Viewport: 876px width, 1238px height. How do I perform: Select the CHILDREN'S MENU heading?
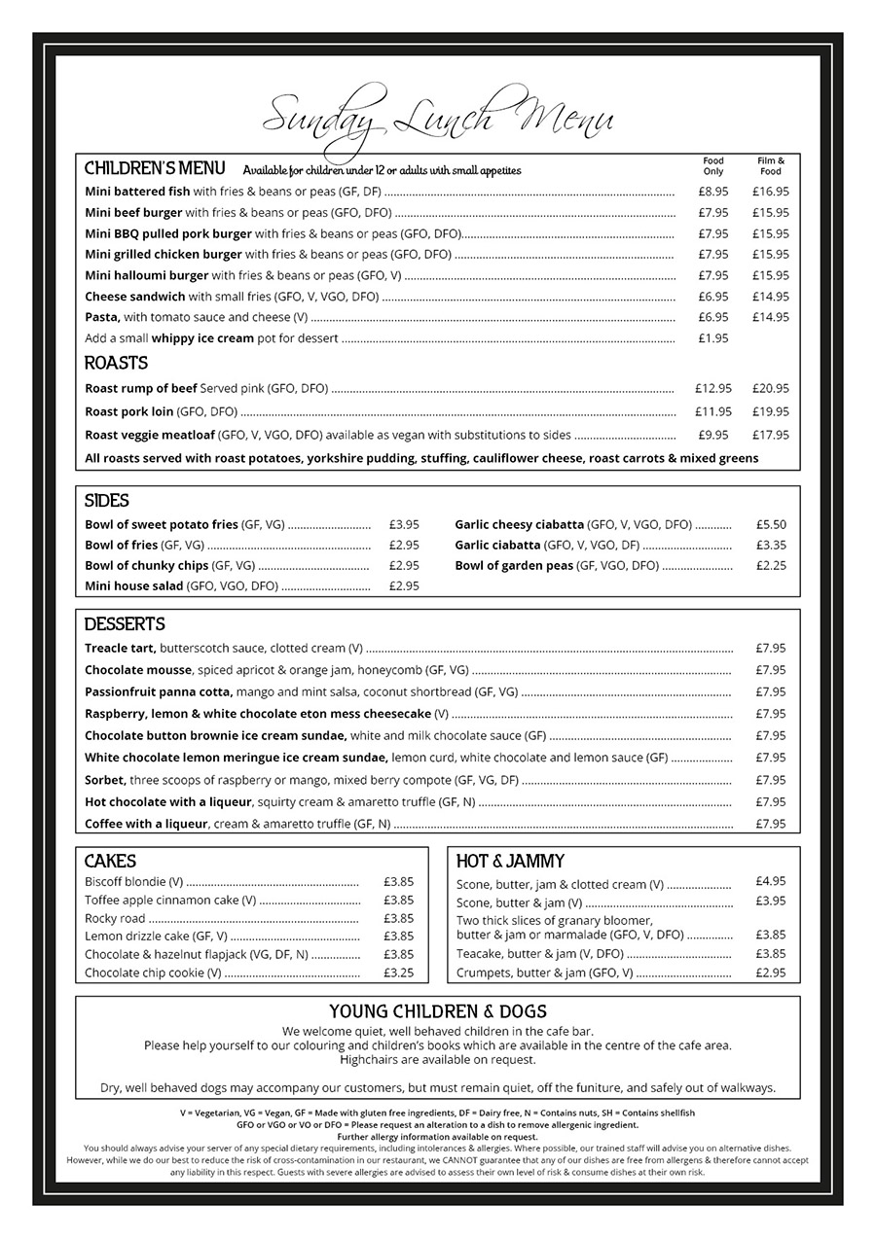coord(155,168)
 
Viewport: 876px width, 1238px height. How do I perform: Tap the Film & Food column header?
coord(770,165)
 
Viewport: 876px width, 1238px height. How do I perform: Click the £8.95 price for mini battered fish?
coord(712,192)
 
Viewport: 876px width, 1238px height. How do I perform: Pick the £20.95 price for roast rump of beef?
coord(770,388)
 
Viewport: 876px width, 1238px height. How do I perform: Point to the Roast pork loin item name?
coord(129,411)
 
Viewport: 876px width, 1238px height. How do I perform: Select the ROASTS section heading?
coord(116,364)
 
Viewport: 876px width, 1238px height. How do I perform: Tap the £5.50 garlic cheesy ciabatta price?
coord(771,524)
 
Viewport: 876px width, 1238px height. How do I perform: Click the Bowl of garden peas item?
coord(514,565)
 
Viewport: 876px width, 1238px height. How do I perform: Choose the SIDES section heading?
coord(106,501)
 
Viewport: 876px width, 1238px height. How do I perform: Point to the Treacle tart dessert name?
coord(120,648)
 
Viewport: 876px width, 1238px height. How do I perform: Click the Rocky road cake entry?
coord(115,918)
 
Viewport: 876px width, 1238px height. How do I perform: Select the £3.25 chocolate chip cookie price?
coord(398,973)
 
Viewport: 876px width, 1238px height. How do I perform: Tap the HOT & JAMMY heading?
coord(510,862)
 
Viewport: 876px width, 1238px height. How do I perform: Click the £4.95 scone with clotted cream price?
coord(770,881)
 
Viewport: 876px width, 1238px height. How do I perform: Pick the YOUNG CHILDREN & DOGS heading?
coord(438,1011)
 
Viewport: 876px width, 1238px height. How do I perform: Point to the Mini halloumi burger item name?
coord(146,275)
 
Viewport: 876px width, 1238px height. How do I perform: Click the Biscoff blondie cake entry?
coord(133,882)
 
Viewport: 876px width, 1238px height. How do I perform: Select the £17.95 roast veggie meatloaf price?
coord(770,435)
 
